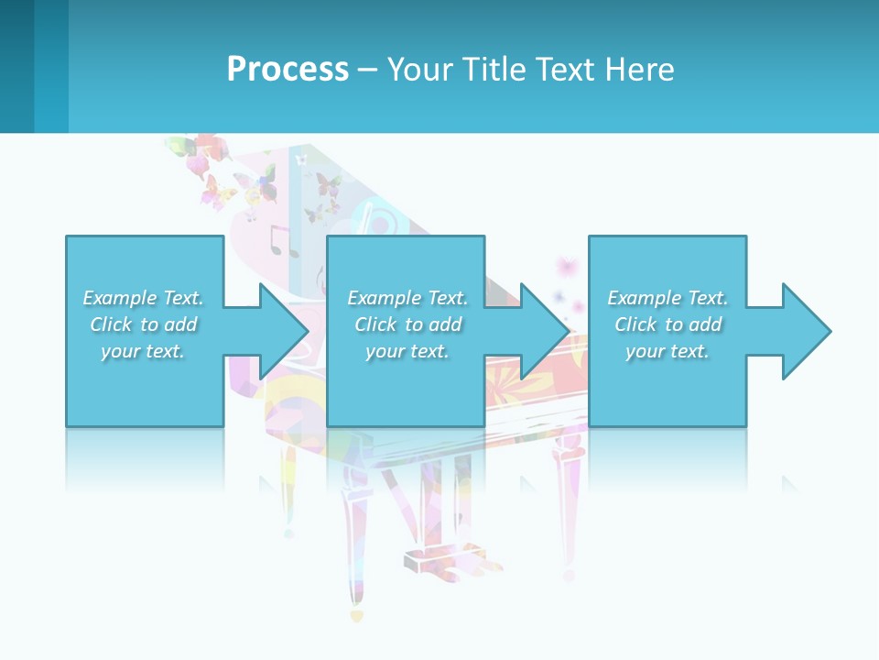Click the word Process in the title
click(x=288, y=69)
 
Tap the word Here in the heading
click(x=638, y=69)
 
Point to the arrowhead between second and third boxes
click(x=542, y=331)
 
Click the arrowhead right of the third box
click(x=804, y=331)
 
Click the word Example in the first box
click(x=120, y=298)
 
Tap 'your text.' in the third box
click(x=667, y=351)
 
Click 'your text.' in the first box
click(x=143, y=351)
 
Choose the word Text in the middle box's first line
click(x=446, y=298)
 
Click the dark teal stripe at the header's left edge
click(x=16, y=66)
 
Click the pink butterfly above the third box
click(x=568, y=267)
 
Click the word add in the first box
click(x=180, y=324)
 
